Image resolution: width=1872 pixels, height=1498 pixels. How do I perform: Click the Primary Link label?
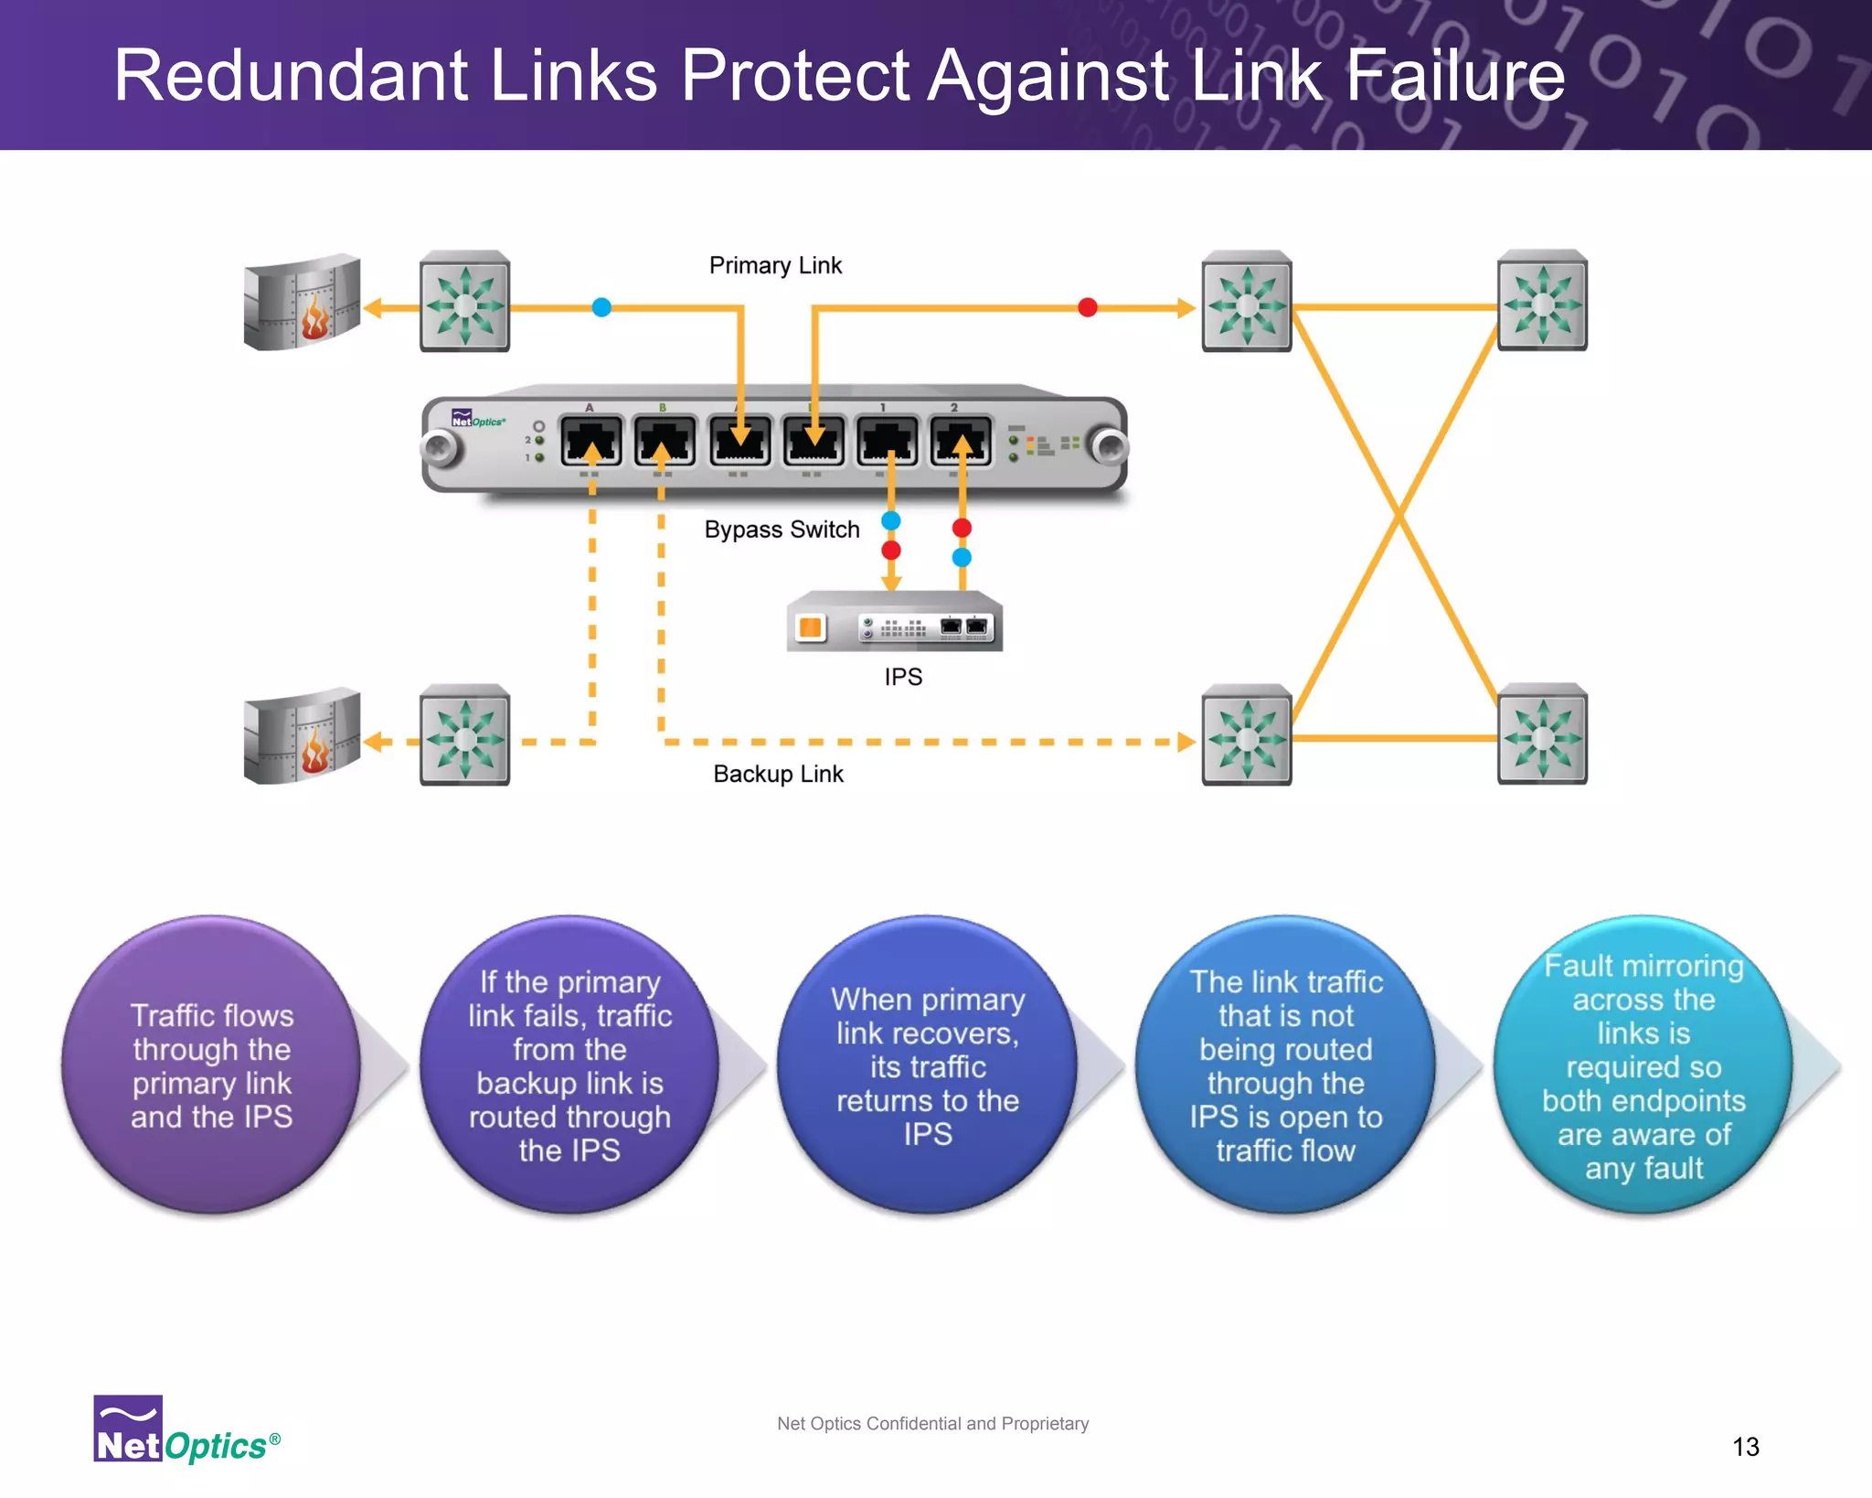click(775, 265)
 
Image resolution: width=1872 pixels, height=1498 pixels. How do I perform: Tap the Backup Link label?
click(778, 774)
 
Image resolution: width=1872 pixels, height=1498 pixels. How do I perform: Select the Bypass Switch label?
click(782, 530)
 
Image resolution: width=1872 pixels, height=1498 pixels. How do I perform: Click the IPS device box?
click(894, 622)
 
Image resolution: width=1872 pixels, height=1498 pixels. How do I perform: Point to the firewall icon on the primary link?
click(303, 303)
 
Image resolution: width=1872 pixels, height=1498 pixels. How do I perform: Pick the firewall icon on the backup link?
click(303, 736)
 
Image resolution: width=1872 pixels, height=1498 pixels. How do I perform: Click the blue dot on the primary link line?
click(601, 307)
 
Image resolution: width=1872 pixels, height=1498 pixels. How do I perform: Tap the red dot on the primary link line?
click(1087, 307)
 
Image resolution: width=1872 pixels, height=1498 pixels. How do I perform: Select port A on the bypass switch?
click(591, 441)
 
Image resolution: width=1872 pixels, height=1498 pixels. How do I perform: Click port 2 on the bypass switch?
click(960, 441)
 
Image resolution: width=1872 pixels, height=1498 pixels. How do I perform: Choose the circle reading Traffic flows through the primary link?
click(211, 1065)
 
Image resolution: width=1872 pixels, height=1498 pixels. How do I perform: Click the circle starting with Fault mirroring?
click(1643, 1065)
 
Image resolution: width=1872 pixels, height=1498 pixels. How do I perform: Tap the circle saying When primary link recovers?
click(927, 1065)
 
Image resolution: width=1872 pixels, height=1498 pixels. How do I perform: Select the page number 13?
click(1745, 1447)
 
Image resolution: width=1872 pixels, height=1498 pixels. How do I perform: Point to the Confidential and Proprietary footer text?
click(932, 1423)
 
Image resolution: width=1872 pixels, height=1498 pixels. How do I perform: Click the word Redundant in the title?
click(292, 75)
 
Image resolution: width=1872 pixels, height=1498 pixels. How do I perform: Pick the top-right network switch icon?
click(1542, 301)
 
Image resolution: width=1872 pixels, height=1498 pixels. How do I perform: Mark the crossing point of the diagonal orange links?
click(1398, 518)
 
